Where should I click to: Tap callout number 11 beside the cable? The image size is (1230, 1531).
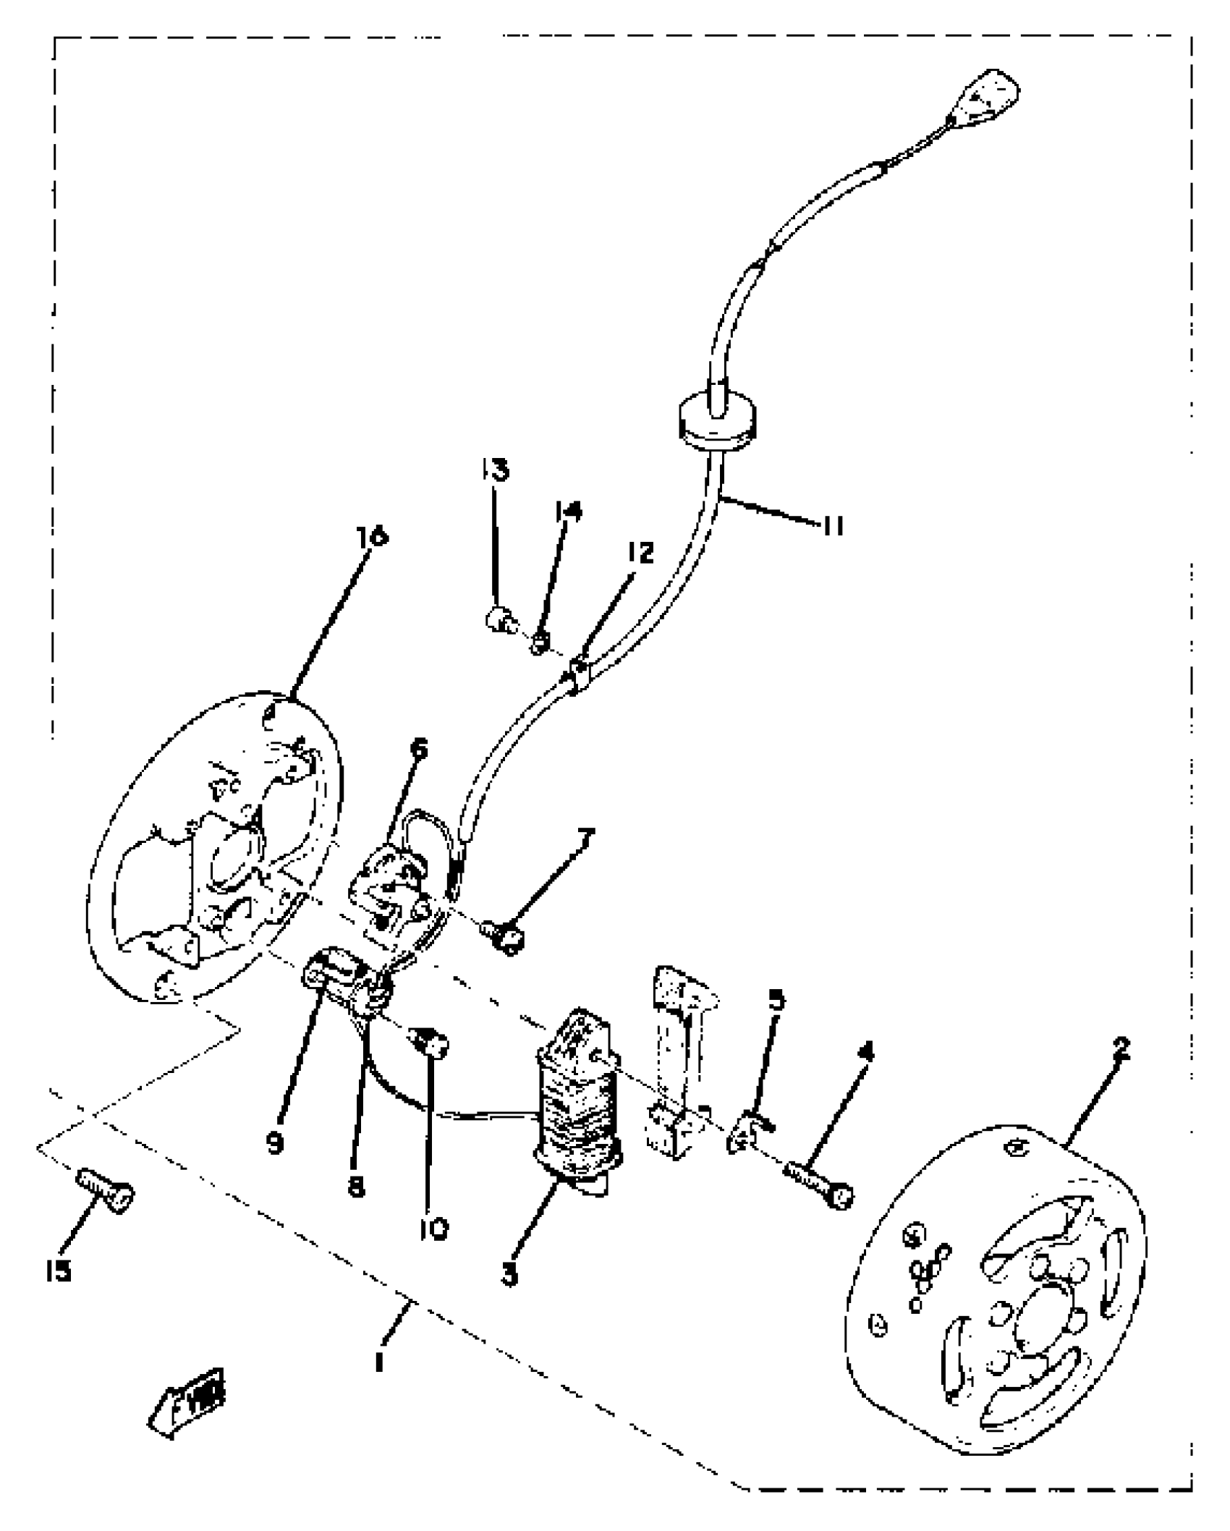(x=833, y=527)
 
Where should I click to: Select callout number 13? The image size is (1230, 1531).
(x=494, y=470)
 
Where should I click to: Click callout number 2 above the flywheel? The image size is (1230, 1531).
(x=1121, y=1048)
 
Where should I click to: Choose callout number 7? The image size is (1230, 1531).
(x=585, y=841)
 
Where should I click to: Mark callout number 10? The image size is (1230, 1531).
(x=433, y=1228)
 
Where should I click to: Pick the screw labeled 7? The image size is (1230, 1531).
(x=504, y=938)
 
